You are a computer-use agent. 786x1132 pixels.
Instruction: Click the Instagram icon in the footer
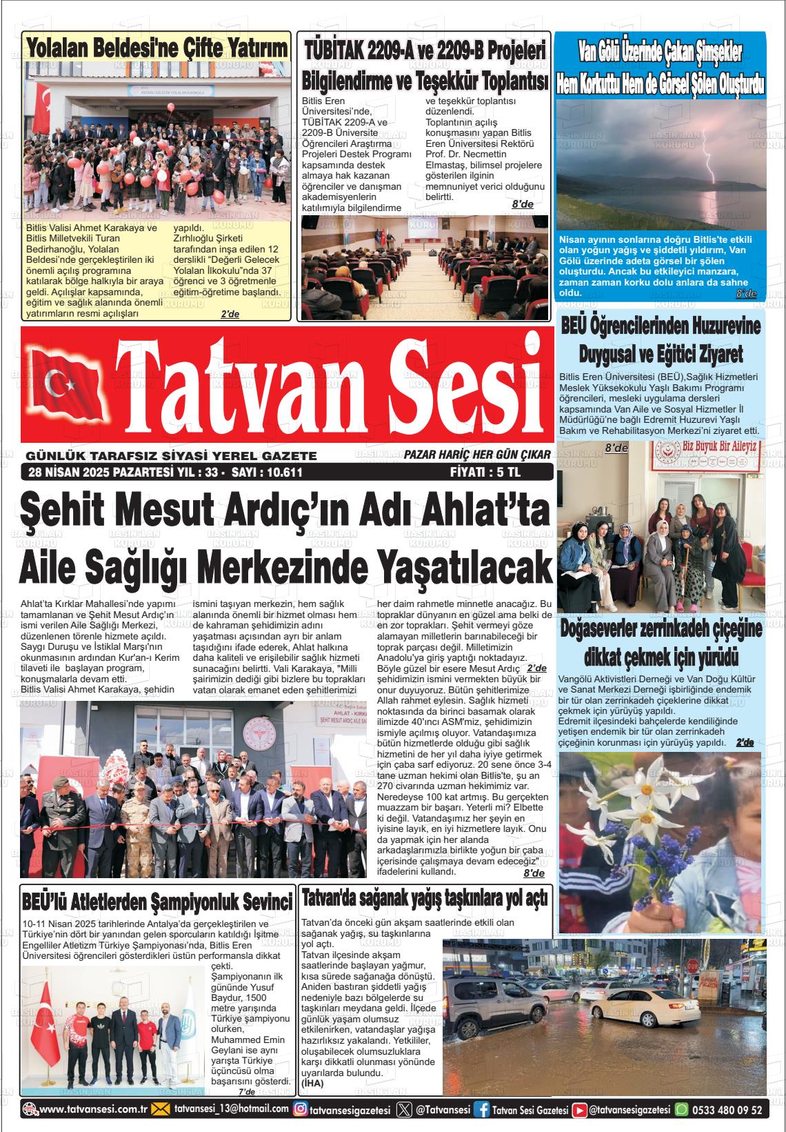[x=300, y=1110]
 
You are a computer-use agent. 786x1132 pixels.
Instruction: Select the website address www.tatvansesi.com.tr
[x=94, y=1110]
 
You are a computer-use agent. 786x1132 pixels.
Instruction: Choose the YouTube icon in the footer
[x=581, y=1110]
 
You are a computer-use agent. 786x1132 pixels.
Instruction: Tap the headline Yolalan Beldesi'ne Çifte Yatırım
[x=157, y=48]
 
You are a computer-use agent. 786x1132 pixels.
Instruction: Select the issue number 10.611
[x=279, y=473]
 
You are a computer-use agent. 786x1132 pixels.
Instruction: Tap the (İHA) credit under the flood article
[x=312, y=1084]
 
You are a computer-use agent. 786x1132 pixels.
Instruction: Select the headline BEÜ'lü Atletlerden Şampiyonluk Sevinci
[x=157, y=900]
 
